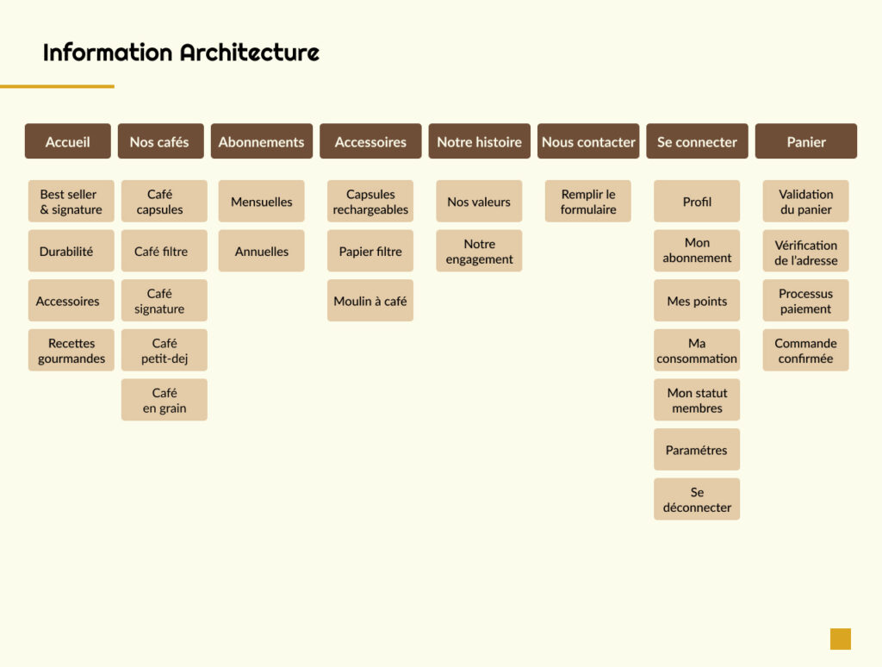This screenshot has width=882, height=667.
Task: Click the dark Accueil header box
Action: click(x=67, y=141)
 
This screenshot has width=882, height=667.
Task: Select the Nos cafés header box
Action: click(x=160, y=141)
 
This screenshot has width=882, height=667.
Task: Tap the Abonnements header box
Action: click(x=262, y=141)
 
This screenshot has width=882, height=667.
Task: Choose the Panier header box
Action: click(x=806, y=141)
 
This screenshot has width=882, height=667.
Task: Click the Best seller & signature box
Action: click(x=71, y=202)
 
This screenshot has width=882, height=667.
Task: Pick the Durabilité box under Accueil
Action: click(x=71, y=251)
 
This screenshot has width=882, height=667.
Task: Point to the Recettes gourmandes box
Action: click(x=71, y=350)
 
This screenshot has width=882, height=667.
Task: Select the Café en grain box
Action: click(x=165, y=400)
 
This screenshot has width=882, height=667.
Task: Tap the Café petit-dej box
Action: click(x=165, y=350)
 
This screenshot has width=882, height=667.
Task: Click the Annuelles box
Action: click(x=262, y=251)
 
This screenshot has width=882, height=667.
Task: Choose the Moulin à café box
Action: click(x=370, y=301)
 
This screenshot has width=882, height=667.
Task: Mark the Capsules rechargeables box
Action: click(x=370, y=202)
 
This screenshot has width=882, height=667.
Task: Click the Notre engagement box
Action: click(x=479, y=251)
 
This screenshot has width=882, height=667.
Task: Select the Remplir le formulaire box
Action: click(x=587, y=202)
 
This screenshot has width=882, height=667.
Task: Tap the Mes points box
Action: click(x=697, y=301)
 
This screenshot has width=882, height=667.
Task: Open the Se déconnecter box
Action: click(x=697, y=499)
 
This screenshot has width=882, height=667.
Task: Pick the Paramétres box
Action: click(x=697, y=450)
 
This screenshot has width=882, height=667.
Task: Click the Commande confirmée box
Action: click(x=805, y=350)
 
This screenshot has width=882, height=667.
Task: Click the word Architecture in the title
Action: click(x=250, y=53)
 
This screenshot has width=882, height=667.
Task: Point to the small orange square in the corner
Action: click(x=841, y=639)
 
